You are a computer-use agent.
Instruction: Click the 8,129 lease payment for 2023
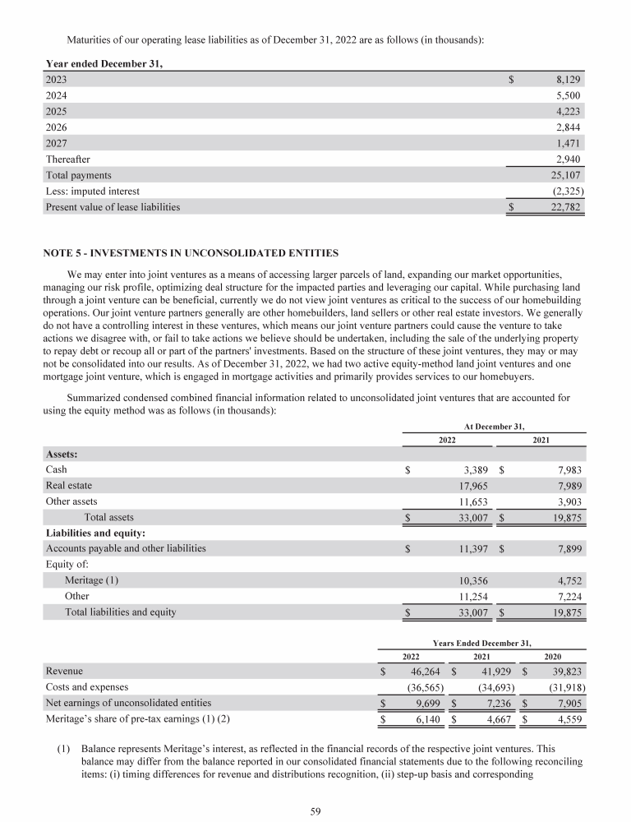point(569,80)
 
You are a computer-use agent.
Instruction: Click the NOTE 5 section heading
point(189,251)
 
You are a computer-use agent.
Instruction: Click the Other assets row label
point(71,501)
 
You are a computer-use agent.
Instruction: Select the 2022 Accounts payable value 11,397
point(472,548)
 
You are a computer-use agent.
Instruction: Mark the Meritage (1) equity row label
point(92,580)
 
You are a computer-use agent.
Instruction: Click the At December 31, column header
point(494,426)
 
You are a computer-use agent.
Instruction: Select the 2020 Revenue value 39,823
point(567,672)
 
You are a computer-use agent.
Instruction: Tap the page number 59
point(315,812)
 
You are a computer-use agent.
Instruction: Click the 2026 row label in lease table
point(57,127)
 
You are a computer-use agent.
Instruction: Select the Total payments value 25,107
point(567,175)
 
